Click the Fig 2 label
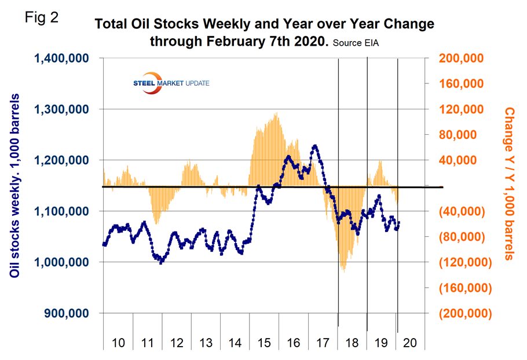(42, 18)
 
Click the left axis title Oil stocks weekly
(16, 186)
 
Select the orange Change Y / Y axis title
(509, 183)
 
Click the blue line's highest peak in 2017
(315, 146)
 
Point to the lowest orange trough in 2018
(344, 271)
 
